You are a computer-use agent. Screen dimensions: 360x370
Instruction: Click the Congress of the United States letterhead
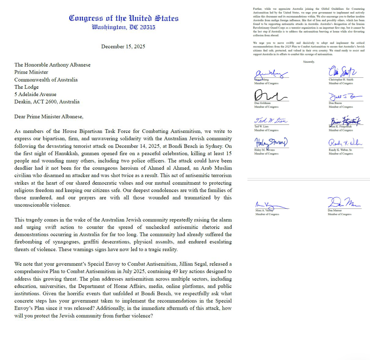(124, 18)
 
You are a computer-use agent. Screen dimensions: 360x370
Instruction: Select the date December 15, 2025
(123, 46)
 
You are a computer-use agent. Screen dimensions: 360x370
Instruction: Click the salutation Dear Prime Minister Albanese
(49, 116)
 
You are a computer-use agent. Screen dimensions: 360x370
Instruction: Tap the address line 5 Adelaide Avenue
(35, 94)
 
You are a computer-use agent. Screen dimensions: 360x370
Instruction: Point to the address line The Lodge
(26, 87)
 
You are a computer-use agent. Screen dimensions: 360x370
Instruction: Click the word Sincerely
(309, 62)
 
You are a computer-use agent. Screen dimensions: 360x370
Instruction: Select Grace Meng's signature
(270, 74)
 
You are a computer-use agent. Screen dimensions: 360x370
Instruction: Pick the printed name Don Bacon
(335, 103)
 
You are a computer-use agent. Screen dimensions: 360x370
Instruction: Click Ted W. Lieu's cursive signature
(270, 120)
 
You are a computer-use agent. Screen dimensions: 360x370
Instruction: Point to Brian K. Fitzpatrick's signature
(345, 121)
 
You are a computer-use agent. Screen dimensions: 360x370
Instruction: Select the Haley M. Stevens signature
(270, 143)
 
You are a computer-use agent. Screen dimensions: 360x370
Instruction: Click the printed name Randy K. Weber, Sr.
(340, 150)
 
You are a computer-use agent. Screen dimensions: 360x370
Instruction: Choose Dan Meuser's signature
(343, 203)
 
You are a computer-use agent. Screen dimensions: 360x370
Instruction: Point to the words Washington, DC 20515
(123, 27)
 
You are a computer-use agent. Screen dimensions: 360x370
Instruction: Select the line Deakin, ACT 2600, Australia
(47, 102)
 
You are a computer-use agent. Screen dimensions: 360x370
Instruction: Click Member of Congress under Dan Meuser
(340, 214)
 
